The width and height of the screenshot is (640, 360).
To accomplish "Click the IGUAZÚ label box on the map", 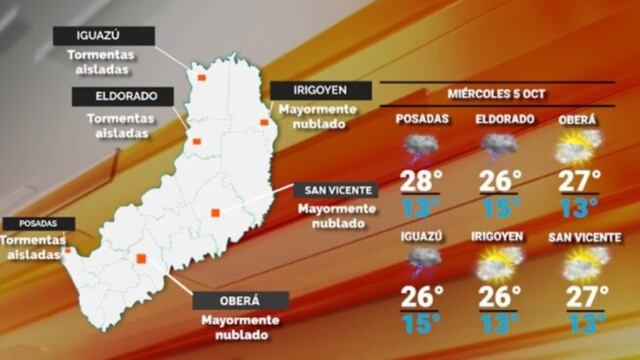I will (x=105, y=36).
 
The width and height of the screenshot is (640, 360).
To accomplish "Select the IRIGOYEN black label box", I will (x=321, y=91).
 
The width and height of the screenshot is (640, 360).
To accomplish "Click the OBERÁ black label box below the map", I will (x=240, y=300).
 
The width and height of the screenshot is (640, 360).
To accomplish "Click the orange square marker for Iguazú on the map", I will (x=201, y=76).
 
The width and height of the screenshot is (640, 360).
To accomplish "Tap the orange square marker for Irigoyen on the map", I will (x=264, y=122).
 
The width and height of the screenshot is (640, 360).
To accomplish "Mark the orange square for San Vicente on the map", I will (x=216, y=211).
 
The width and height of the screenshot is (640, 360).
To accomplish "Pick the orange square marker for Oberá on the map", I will (x=141, y=259).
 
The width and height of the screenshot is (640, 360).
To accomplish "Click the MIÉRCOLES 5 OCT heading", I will (x=497, y=95).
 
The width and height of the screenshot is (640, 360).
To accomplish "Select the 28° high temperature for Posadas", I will (x=421, y=182).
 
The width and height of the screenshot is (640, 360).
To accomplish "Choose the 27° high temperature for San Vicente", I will (x=586, y=298).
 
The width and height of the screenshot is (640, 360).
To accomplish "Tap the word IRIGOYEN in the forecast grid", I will (x=498, y=236).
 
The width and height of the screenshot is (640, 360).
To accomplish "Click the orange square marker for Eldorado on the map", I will (x=197, y=141).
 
